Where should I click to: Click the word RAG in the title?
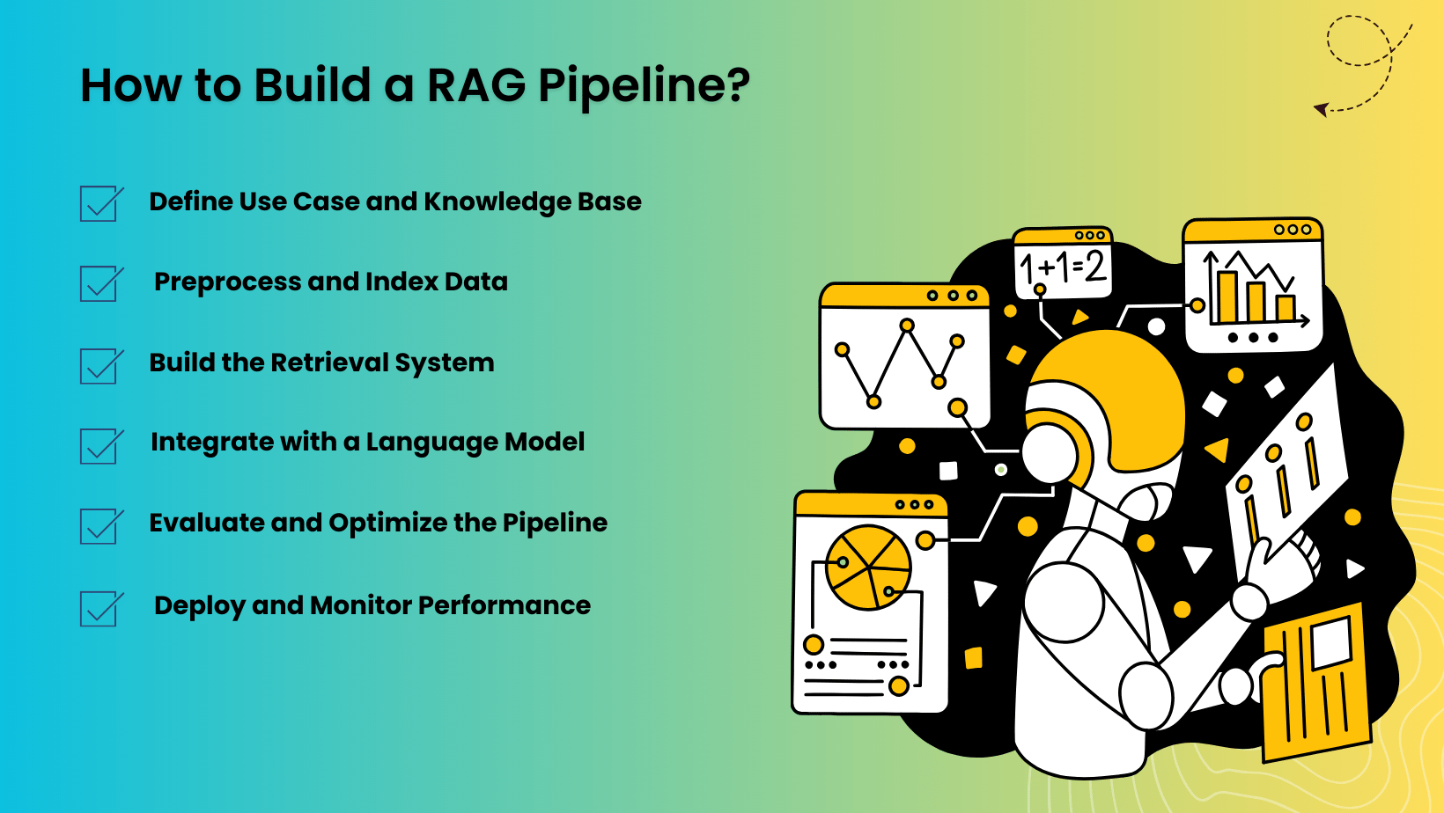tap(476, 85)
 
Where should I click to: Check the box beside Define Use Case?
tap(99, 204)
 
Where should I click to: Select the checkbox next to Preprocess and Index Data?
tap(99, 284)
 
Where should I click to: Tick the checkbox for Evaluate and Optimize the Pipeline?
tap(99, 526)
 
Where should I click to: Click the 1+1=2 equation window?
tap(1063, 264)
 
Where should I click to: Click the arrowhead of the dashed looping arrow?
tap(1321, 109)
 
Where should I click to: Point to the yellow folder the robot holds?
tap(1316, 682)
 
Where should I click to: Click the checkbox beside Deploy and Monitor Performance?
tap(99, 608)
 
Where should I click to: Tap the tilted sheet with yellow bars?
tap(1286, 475)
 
